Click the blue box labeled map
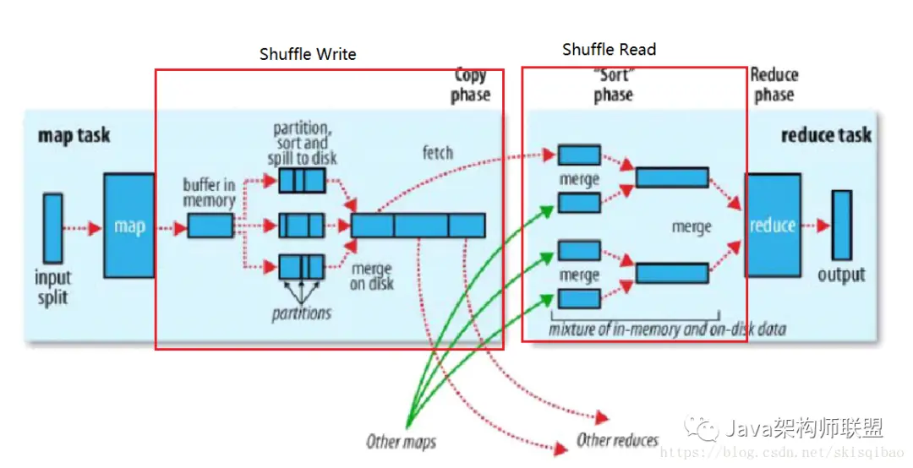coord(128,226)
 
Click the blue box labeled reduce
coord(772,226)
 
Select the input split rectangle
coord(52,227)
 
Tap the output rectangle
coord(841,225)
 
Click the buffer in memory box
coord(210,226)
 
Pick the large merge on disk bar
coord(418,226)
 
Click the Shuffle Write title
coord(308,55)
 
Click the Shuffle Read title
coord(609,50)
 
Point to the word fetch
coord(437,153)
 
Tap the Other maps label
coord(401,441)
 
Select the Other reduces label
coord(617,439)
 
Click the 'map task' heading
coord(74,135)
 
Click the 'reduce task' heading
coord(826,135)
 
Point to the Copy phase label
coord(470,85)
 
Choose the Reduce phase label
coord(774,84)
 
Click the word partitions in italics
coord(302,313)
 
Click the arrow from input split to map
coord(83,227)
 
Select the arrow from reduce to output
coord(816,226)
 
